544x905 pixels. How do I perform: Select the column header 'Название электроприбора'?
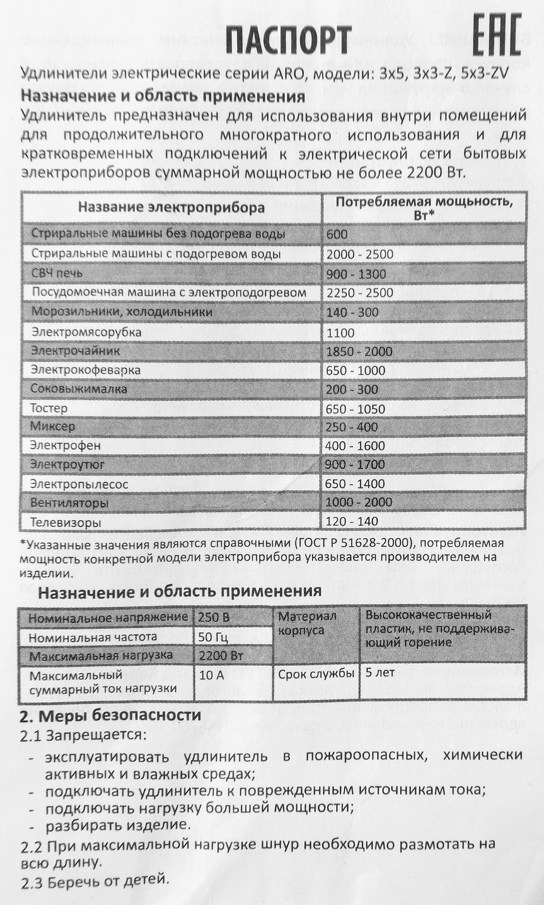[x=172, y=207]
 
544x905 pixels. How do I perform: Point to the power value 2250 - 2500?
[x=359, y=293]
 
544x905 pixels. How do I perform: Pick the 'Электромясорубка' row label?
[x=86, y=331]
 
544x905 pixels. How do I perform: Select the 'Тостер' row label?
[x=48, y=408]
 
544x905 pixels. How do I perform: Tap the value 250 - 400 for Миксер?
[x=353, y=427]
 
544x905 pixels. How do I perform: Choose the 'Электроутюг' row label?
[x=69, y=465]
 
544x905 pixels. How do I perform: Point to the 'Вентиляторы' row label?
[x=69, y=503]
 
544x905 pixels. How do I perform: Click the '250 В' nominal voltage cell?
[x=214, y=617]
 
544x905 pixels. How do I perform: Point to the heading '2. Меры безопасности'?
[x=110, y=716]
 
